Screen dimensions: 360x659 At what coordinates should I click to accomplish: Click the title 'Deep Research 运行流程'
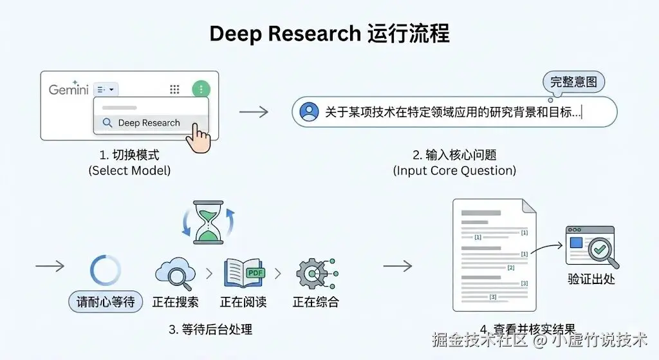[x=329, y=33]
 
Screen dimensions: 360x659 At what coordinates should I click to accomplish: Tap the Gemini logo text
[x=69, y=90]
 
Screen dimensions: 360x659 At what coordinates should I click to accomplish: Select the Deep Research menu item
[x=149, y=123]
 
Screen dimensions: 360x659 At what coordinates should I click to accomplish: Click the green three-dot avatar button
[x=201, y=90]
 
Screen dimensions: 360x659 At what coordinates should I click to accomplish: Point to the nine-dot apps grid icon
[x=174, y=90]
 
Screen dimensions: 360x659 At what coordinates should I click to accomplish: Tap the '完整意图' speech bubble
[x=573, y=82]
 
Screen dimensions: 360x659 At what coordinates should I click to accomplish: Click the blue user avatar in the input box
[x=310, y=112]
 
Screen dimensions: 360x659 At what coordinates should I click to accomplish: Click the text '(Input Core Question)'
[x=454, y=171]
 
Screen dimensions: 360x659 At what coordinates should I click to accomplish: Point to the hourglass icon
[x=208, y=222]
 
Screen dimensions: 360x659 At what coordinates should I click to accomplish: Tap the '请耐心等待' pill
[x=106, y=301]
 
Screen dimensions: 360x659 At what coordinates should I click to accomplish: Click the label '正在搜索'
[x=175, y=301]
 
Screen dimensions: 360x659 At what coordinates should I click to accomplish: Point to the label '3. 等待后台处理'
[x=210, y=329]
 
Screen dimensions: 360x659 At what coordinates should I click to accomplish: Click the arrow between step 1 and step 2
[x=254, y=112]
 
